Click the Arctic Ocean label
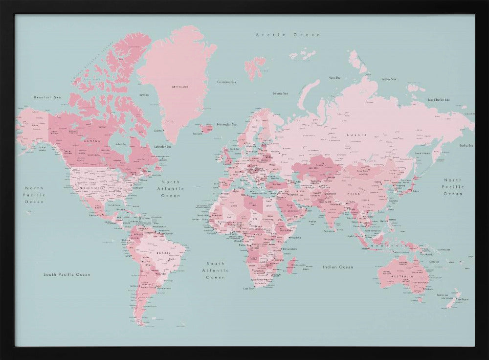click(288, 35)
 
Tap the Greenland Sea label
click(227, 82)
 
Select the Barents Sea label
click(280, 93)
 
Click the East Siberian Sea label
click(438, 100)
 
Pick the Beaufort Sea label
click(47, 97)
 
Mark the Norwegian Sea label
click(226, 124)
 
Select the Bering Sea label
click(466, 145)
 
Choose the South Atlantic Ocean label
click(216, 270)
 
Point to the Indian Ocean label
click(338, 267)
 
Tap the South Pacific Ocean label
click(67, 274)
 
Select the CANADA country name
click(92, 141)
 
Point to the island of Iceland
click(206, 128)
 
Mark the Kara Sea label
click(334, 77)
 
